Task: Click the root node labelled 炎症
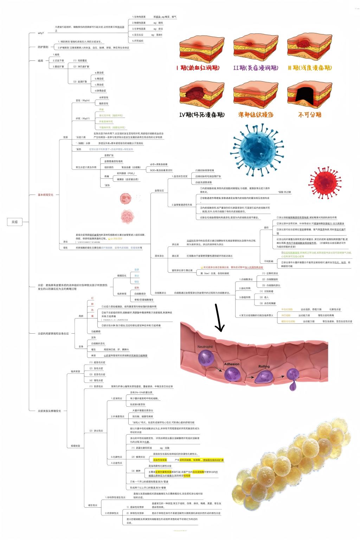pyautogui.click(x=15, y=222)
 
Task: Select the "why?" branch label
pyautogui.click(x=41, y=33)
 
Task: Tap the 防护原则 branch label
pyautogui.click(x=43, y=47)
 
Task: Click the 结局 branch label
pyautogui.click(x=40, y=60)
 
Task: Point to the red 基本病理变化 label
pyautogui.click(x=46, y=194)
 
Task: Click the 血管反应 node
pyautogui.click(x=159, y=191)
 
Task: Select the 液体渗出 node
pyautogui.click(x=159, y=256)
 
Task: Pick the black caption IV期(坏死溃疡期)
pyautogui.click(x=202, y=115)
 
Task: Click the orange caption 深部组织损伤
pyautogui.click(x=256, y=115)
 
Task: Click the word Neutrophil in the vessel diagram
pyautogui.click(x=205, y=347)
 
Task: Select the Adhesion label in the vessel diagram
pyautogui.click(x=231, y=364)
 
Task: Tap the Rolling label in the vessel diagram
pyautogui.click(x=264, y=366)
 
